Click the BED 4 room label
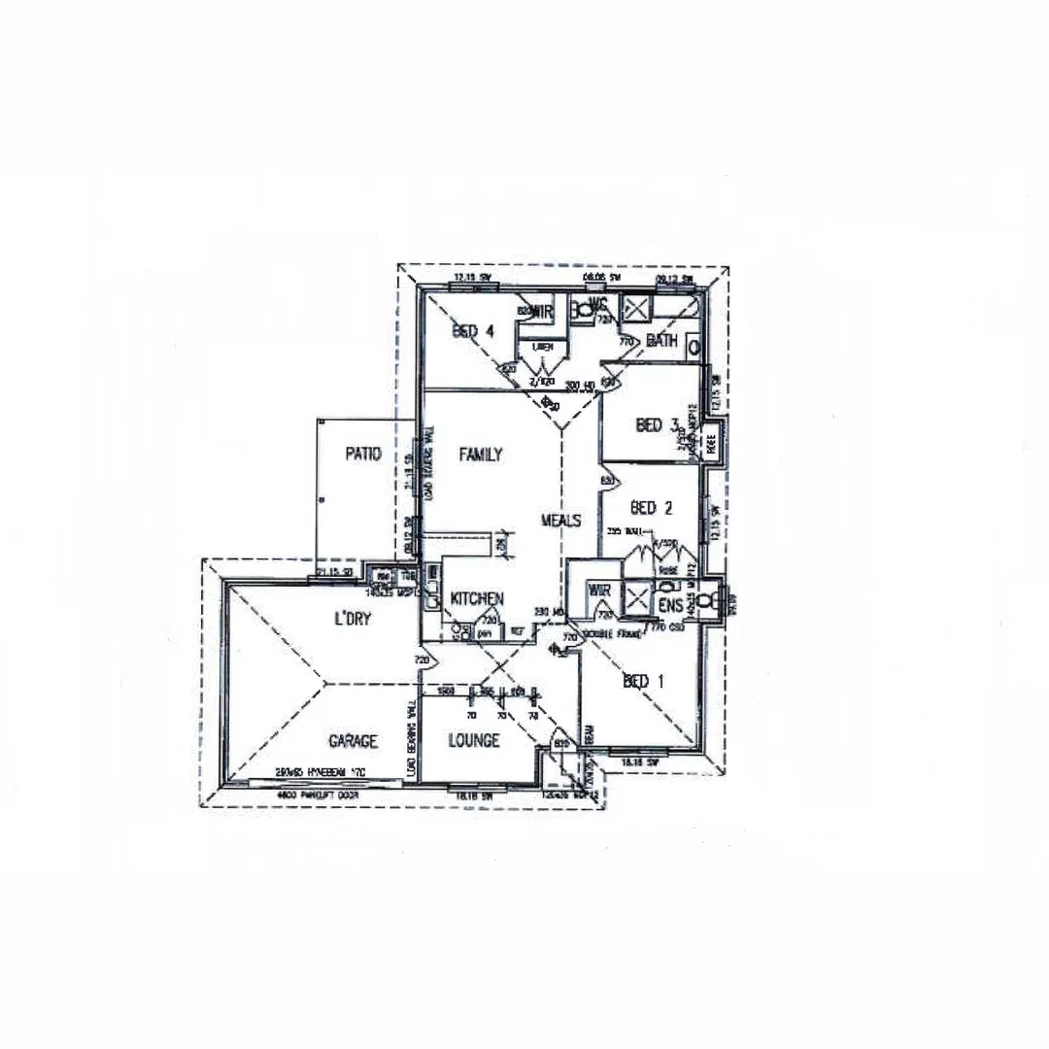(473, 330)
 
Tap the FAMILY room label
(481, 454)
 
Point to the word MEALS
(560, 521)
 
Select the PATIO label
(362, 453)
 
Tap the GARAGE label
(353, 741)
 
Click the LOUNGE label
(474, 741)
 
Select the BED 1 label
(643, 682)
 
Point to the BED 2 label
(652, 507)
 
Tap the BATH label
(661, 340)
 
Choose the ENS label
(671, 606)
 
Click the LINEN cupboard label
(542, 346)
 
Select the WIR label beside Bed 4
(541, 312)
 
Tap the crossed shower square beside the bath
(635, 310)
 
